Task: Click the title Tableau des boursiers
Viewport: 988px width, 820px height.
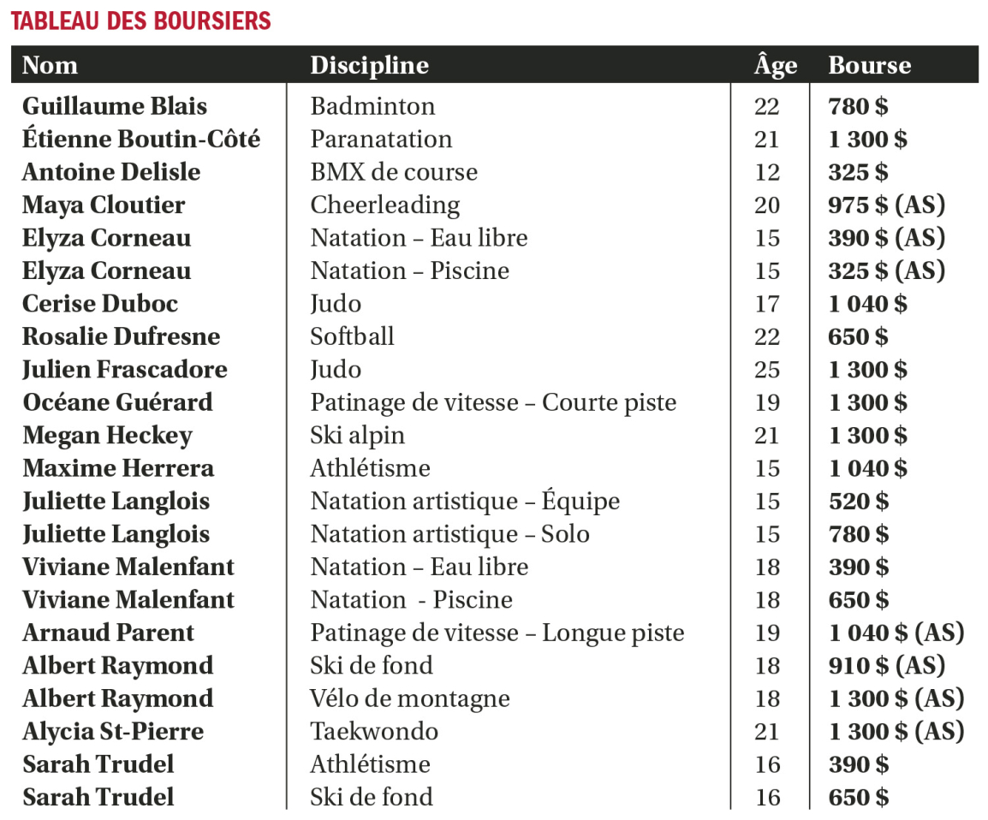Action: click(140, 21)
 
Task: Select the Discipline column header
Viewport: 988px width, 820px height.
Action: click(369, 65)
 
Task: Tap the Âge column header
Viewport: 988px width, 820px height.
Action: click(776, 65)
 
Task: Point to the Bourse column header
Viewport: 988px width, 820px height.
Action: click(869, 65)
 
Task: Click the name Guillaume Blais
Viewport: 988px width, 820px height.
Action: click(115, 106)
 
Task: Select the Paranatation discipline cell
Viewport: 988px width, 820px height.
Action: click(381, 139)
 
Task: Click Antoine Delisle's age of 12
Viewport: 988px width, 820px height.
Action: click(767, 172)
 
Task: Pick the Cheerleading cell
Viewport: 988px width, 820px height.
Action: click(384, 205)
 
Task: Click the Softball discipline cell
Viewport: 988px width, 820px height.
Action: click(352, 336)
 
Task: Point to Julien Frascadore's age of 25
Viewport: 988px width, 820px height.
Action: click(767, 370)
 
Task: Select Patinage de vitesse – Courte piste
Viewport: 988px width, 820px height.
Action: click(493, 402)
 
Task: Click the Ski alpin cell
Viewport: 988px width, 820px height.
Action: click(357, 436)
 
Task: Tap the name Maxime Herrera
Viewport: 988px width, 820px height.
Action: click(118, 468)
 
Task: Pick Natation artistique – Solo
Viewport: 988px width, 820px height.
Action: click(449, 534)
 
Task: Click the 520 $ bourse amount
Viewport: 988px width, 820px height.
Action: click(858, 502)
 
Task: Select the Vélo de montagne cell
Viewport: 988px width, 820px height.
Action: click(410, 698)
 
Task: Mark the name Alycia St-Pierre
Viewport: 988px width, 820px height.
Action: click(113, 732)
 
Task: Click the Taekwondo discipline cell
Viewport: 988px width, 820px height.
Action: click(374, 732)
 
